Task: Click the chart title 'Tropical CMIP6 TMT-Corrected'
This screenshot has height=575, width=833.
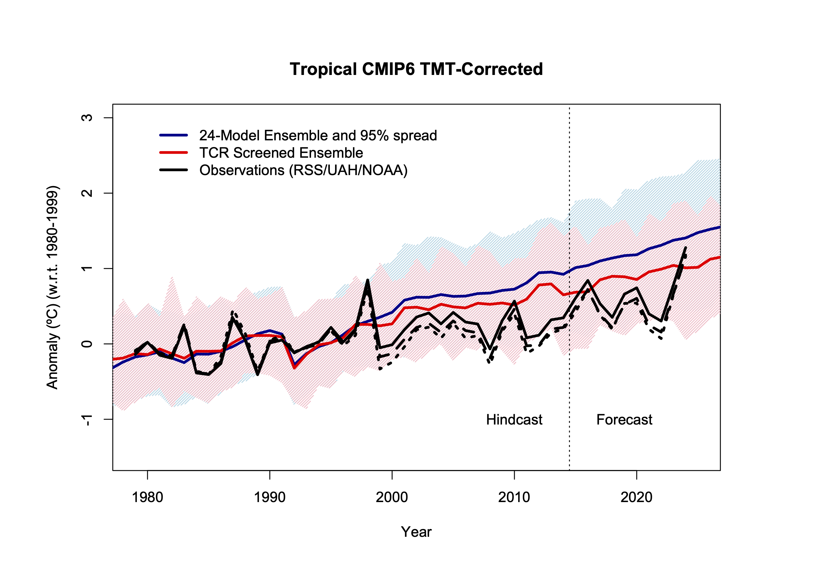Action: [x=416, y=69]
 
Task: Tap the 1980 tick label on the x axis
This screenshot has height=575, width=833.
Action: [x=147, y=497]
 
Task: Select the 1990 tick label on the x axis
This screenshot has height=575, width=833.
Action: [x=269, y=497]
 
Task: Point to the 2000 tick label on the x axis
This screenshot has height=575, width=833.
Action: [x=391, y=497]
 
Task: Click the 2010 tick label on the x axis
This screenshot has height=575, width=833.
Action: [x=514, y=497]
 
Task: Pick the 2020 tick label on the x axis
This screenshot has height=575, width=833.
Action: [x=636, y=497]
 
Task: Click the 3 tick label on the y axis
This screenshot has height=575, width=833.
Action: [x=87, y=118]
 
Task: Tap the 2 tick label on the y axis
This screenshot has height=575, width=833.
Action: [x=87, y=193]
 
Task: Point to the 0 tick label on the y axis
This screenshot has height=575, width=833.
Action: [x=87, y=344]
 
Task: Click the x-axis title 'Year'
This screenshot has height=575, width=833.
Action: [x=416, y=532]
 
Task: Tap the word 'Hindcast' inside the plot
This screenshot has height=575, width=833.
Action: [x=514, y=420]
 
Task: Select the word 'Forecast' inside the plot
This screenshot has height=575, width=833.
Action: [x=624, y=420]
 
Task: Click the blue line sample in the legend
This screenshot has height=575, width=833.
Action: [x=174, y=135]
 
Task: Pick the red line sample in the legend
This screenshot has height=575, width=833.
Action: [x=174, y=153]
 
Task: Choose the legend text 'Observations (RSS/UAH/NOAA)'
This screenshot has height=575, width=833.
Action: [x=303, y=170]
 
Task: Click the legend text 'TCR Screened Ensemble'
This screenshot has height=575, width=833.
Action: [x=281, y=153]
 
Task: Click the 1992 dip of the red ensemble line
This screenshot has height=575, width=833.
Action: [x=294, y=368]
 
